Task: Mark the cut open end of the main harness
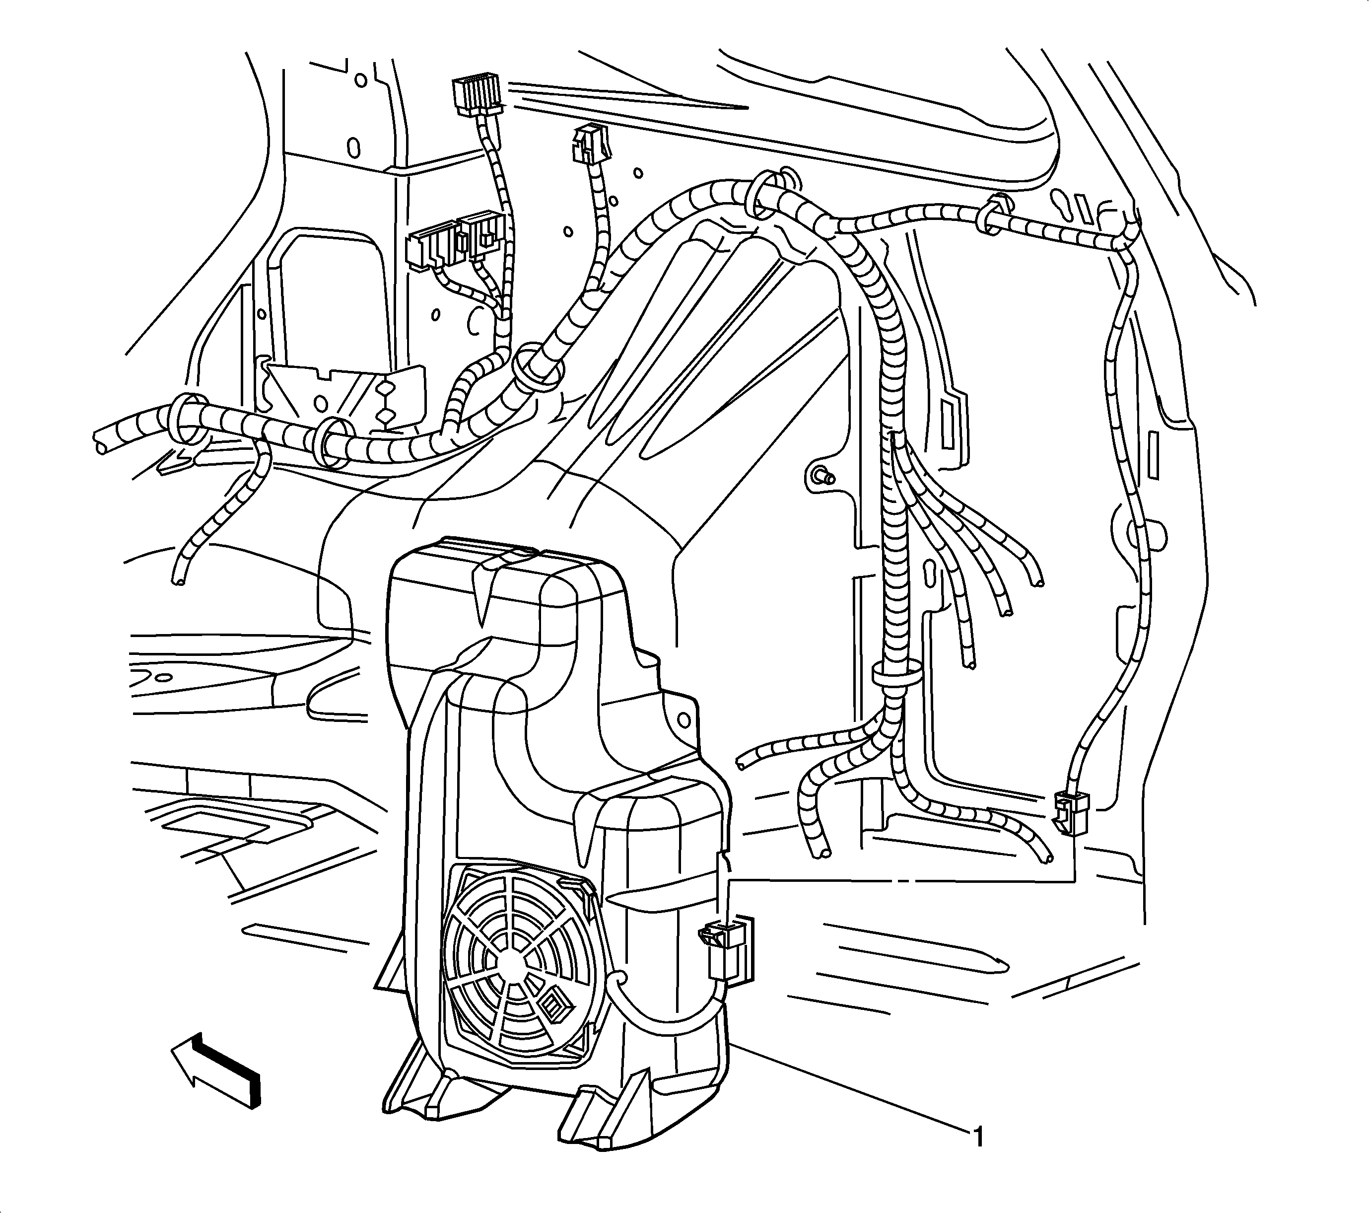pos(100,440)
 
